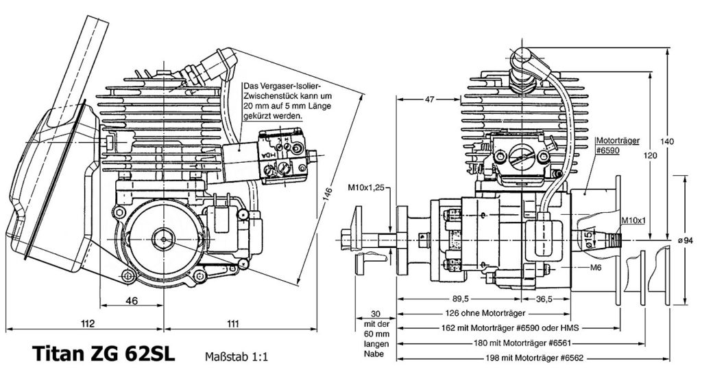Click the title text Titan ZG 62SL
pyautogui.click(x=104, y=354)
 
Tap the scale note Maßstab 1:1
pyautogui.click(x=237, y=356)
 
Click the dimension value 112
pyautogui.click(x=87, y=323)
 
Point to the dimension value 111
pyautogui.click(x=232, y=323)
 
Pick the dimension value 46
pyautogui.click(x=132, y=300)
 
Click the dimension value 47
pyautogui.click(x=429, y=99)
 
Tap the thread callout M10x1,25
pyautogui.click(x=366, y=188)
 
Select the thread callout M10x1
pyautogui.click(x=633, y=220)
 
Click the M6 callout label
pyautogui.click(x=596, y=268)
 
